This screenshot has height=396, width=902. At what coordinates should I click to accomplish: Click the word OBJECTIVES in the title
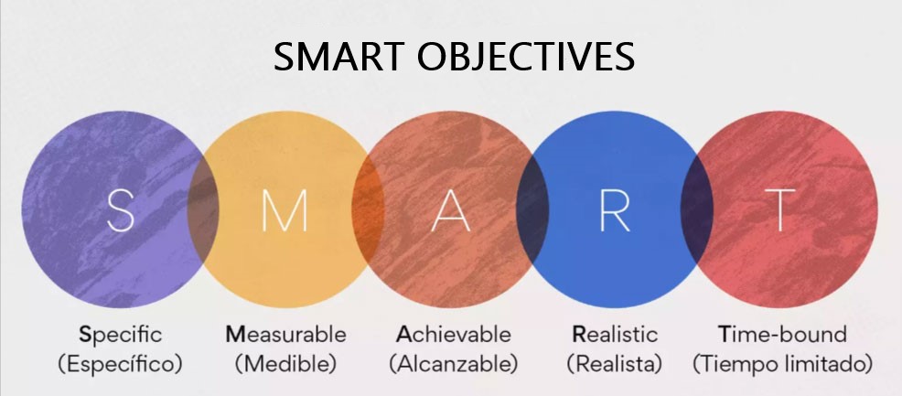click(526, 57)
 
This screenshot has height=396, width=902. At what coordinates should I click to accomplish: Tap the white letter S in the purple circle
click(121, 209)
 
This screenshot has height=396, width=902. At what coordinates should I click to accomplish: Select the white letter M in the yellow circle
click(285, 209)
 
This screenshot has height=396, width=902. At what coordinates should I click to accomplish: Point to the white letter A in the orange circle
click(450, 209)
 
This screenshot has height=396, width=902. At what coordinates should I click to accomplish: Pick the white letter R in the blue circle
click(615, 209)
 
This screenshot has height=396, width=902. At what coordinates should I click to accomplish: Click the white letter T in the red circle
click(779, 209)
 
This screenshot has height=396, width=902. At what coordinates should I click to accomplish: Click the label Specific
click(120, 335)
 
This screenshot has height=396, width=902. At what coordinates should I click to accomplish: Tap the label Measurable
click(286, 334)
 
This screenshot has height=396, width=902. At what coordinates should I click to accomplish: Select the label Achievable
click(454, 334)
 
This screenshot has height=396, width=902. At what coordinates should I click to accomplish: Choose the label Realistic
click(615, 334)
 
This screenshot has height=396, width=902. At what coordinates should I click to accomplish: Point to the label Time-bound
click(782, 334)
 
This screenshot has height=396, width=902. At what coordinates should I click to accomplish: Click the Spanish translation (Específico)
click(120, 364)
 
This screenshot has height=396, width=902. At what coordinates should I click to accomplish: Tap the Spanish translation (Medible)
click(286, 364)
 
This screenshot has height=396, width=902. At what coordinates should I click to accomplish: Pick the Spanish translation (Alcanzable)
click(454, 364)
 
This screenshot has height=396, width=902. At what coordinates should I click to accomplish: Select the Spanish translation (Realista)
click(615, 364)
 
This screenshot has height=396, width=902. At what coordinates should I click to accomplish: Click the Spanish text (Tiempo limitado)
click(782, 364)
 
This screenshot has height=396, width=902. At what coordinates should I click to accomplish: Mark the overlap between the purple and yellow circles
click(203, 209)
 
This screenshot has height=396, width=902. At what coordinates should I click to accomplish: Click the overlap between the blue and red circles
click(697, 209)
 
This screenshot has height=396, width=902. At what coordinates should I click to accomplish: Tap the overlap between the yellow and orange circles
click(368, 209)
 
